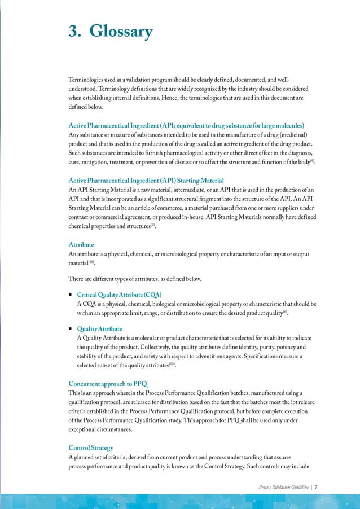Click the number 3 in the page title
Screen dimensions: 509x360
(72, 32)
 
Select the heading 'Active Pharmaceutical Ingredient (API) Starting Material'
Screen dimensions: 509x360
(138, 180)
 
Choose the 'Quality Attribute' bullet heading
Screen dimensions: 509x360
(99, 328)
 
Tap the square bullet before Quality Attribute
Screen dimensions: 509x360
(70, 329)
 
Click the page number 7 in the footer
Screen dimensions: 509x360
(315, 486)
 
